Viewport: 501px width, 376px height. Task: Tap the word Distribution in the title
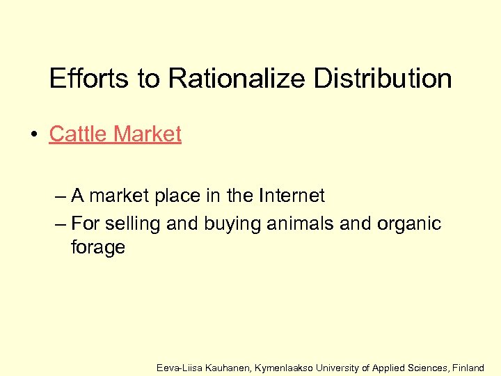click(383, 79)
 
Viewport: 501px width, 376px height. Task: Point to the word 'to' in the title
click(148, 79)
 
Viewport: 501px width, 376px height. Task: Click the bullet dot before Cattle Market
click(34, 134)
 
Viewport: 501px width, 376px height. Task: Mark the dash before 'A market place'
click(60, 196)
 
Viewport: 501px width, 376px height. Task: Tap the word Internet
click(292, 196)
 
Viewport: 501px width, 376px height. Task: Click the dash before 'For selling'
click(60, 224)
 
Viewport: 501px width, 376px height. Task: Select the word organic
click(410, 224)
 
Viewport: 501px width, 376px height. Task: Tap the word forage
click(98, 248)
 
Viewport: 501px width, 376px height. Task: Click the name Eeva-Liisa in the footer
click(180, 366)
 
